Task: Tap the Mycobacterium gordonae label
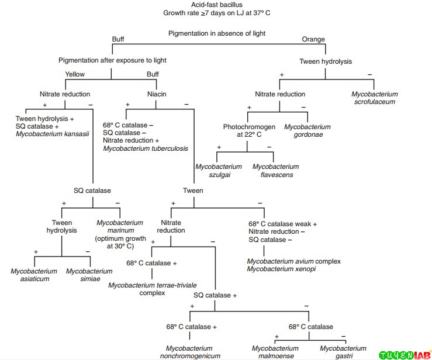click(307, 131)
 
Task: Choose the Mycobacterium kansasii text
click(52, 133)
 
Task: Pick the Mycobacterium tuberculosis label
click(146, 148)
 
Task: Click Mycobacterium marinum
click(119, 226)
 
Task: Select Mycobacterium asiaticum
click(34, 275)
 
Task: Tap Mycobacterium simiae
click(89, 275)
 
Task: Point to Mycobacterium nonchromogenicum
click(191, 352)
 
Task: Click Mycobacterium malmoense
click(275, 352)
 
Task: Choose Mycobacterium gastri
click(343, 352)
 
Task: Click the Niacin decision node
click(156, 94)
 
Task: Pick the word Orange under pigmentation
click(313, 39)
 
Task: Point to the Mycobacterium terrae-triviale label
click(152, 285)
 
